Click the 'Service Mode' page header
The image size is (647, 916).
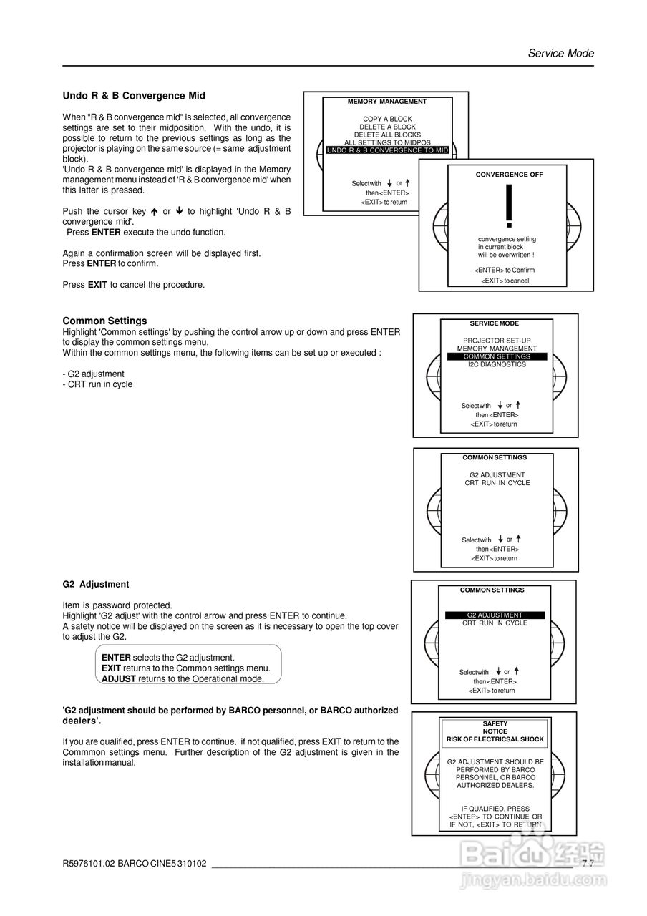[x=560, y=53]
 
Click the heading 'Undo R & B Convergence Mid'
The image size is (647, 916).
[x=134, y=96]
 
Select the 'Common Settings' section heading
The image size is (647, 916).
[x=104, y=321]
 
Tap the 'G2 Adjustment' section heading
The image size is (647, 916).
[x=96, y=584]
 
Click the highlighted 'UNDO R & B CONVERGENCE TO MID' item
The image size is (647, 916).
[x=387, y=150]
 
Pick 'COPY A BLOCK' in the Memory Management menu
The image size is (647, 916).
[x=387, y=119]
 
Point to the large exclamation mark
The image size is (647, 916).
[x=509, y=206]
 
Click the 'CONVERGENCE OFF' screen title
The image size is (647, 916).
[x=509, y=175]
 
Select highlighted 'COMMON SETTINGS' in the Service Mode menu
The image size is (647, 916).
[x=497, y=356]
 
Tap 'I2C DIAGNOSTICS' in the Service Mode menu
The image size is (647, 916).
[x=497, y=364]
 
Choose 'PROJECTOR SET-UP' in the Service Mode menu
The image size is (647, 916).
[x=497, y=341]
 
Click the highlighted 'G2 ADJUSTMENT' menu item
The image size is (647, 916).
[x=495, y=615]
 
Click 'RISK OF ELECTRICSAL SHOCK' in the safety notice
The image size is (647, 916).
[x=495, y=739]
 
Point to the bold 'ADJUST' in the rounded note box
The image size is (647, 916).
[x=119, y=678]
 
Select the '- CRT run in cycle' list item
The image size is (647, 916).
[x=97, y=384]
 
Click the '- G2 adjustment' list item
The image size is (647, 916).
[x=93, y=374]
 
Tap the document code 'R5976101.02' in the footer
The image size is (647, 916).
[x=89, y=864]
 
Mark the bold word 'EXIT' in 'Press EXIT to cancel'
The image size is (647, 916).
[x=97, y=285]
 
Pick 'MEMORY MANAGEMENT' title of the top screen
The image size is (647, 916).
[x=387, y=102]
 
